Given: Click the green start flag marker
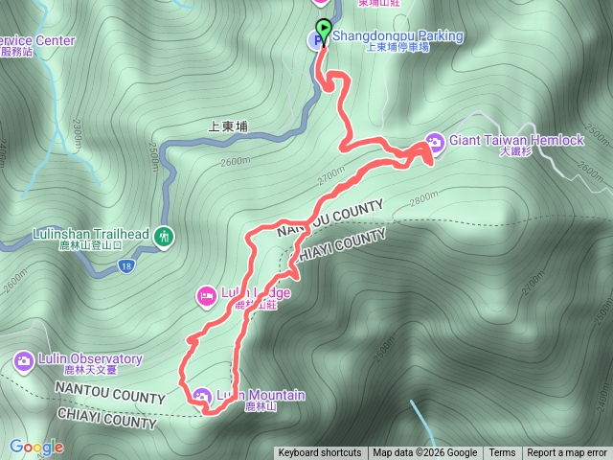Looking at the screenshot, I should coord(323,29).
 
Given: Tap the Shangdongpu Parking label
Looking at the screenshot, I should coord(397,36).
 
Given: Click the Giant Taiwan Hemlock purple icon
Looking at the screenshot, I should coord(434,142).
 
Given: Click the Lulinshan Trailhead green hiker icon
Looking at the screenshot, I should coord(164,236).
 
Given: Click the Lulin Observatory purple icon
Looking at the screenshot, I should coord(23,360).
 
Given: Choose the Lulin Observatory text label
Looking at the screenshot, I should coord(91,359).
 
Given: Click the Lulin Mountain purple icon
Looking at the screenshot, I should coord(201,395).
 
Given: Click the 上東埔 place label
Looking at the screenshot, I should coord(228,126).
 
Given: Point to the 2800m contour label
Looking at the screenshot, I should coord(421,203).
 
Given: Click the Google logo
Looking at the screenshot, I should coord(36,447).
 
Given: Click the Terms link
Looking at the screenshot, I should coord(502,453).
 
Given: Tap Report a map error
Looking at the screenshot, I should coord(568,453).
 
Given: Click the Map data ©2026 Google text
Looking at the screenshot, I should coord(425,453).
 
